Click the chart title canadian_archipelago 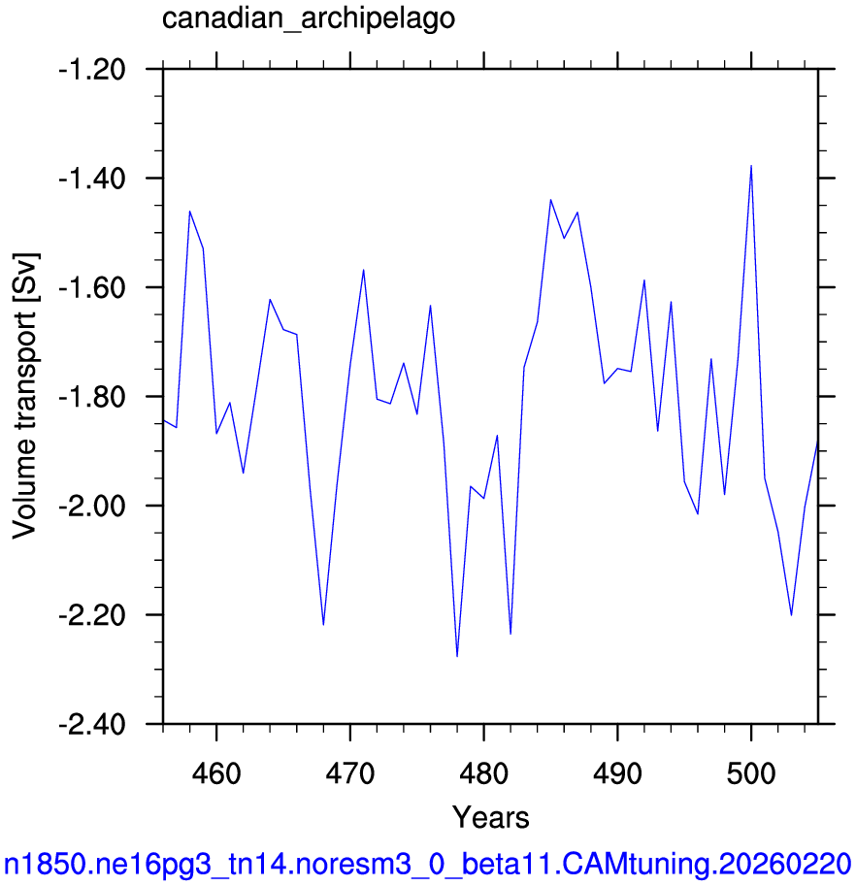309,19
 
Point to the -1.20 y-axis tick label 92,70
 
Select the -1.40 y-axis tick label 92,179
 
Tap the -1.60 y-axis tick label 92,287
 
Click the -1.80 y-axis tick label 92,397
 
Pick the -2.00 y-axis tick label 92,506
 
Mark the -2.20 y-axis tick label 92,615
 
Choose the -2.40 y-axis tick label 92,724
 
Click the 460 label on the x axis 216,773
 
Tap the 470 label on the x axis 350,773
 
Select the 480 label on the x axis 484,773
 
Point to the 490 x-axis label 617,773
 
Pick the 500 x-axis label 751,773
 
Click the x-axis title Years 490,817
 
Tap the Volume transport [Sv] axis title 24,396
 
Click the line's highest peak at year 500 751,166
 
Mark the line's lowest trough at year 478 457,656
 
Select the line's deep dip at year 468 323,624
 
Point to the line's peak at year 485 550,200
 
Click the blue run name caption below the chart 428,865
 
